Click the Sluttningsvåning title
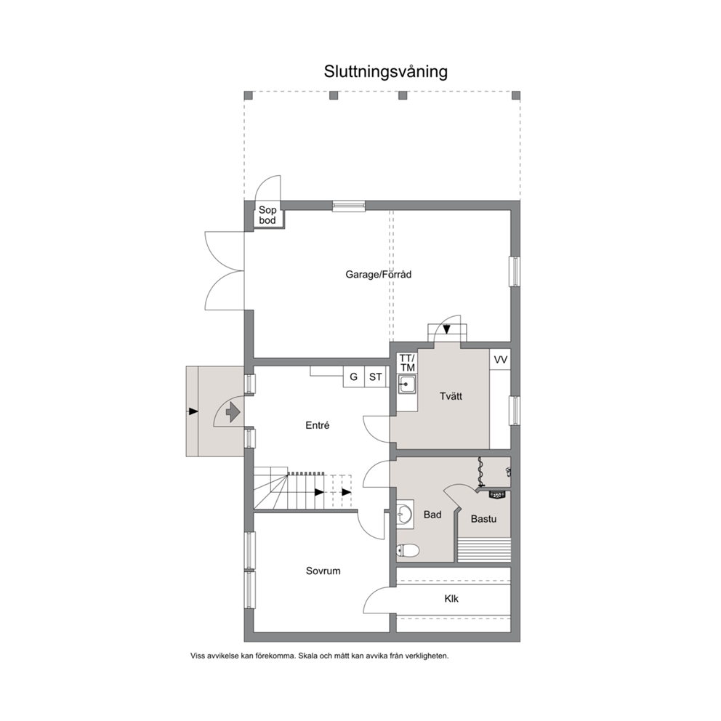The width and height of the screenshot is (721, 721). pos(385,72)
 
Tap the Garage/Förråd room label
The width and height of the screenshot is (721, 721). pos(379,275)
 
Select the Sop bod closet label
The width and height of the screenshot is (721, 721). pos(267,215)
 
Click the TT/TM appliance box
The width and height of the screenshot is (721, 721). pos(408,363)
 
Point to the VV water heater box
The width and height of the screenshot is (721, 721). pos(500,360)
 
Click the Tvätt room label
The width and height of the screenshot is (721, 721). pos(451,396)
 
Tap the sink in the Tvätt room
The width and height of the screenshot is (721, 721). pos(407,384)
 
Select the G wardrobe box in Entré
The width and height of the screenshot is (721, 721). pos(354,376)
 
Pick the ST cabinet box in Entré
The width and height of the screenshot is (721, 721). pos(375,376)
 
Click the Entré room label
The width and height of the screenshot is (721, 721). pos(318,425)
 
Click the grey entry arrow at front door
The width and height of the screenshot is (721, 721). pos(233,411)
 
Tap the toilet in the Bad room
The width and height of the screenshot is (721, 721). pos(408,550)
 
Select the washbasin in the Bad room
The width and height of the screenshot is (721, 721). pos(405,512)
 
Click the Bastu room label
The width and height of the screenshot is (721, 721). pos(484,519)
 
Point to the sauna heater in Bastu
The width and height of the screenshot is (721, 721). pos(496,494)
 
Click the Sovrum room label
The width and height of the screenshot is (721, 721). pos(323,571)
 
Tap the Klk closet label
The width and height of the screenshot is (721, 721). pos(451,599)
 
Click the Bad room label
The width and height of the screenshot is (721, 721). pos(432,515)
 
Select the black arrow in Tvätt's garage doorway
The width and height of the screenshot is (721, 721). pos(446,329)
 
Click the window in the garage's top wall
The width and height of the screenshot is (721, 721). pos(349,206)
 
